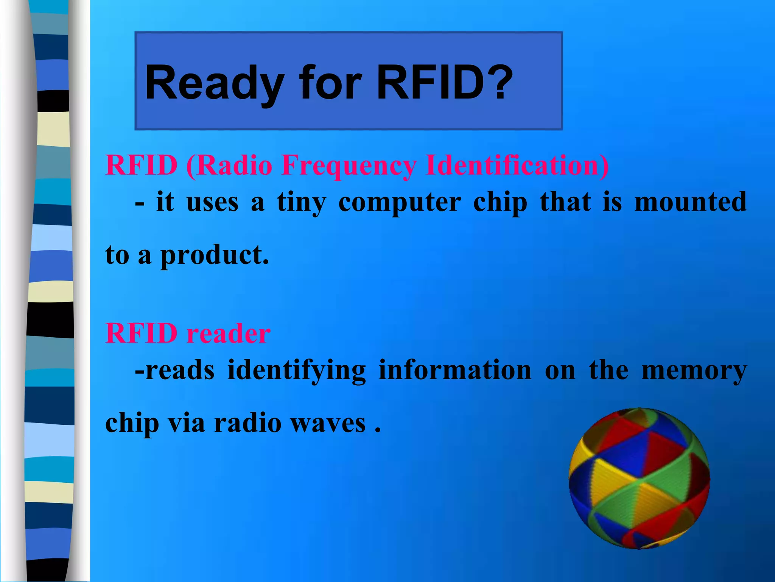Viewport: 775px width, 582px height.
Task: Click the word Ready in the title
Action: pos(214,83)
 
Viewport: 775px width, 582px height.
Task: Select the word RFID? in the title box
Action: pos(445,83)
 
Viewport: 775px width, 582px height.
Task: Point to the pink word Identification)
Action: pos(517,166)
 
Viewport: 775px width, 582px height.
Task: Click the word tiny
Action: pos(301,202)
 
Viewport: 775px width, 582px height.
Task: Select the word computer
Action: pos(399,203)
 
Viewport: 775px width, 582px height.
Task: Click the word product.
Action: pos(215,255)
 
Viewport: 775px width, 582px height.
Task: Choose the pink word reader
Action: pos(229,334)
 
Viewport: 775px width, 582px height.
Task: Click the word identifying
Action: pos(296,371)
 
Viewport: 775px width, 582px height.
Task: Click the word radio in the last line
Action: pos(247,423)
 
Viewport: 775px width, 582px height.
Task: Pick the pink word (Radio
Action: pos(229,166)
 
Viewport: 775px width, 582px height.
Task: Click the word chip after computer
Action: pos(500,203)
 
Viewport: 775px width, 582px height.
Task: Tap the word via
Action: pos(186,423)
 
